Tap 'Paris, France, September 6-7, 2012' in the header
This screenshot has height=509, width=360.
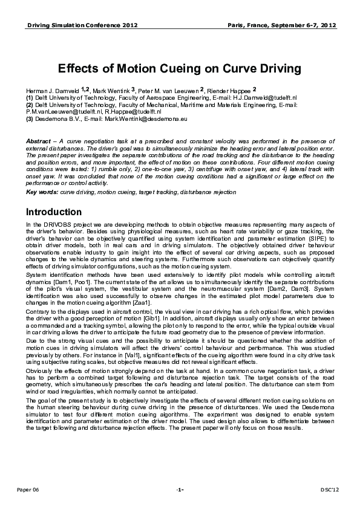pyautogui.click(x=282, y=26)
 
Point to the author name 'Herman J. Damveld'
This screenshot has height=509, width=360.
pyautogui.click(x=48, y=91)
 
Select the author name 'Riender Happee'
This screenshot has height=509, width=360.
pyautogui.click(x=231, y=91)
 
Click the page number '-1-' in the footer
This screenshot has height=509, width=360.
pyautogui.click(x=180, y=488)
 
